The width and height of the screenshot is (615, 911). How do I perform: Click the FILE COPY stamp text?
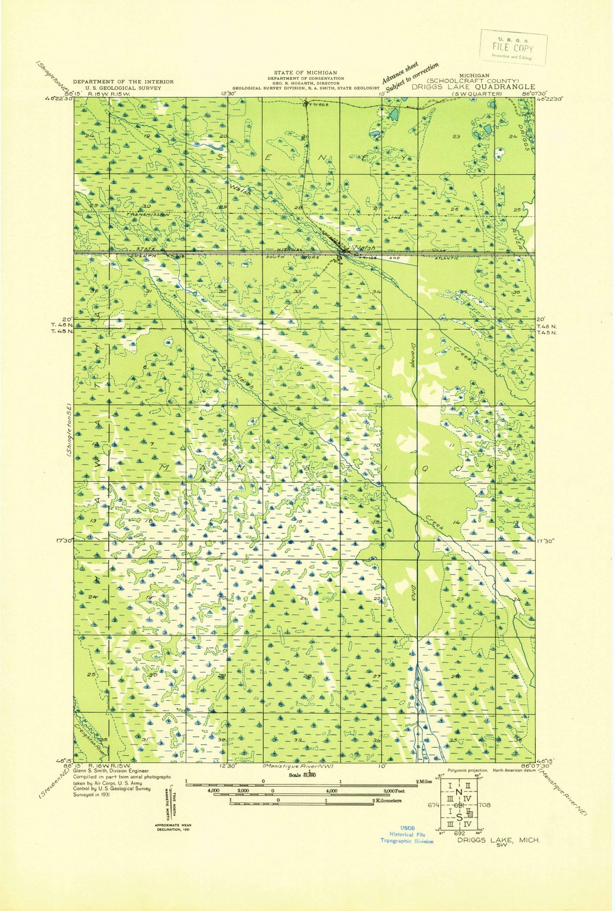click(x=512, y=48)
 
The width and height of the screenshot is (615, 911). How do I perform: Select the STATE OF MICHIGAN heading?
click(x=305, y=73)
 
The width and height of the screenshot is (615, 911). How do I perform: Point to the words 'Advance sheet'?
click(x=400, y=72)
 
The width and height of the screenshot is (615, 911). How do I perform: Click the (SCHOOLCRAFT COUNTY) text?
click(x=476, y=81)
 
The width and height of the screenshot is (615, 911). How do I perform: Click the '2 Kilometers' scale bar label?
click(x=388, y=801)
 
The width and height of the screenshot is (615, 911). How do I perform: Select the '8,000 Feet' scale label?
click(x=394, y=791)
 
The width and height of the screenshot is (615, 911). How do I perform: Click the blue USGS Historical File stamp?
click(x=407, y=834)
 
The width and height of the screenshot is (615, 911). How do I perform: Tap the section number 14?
click(x=456, y=522)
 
